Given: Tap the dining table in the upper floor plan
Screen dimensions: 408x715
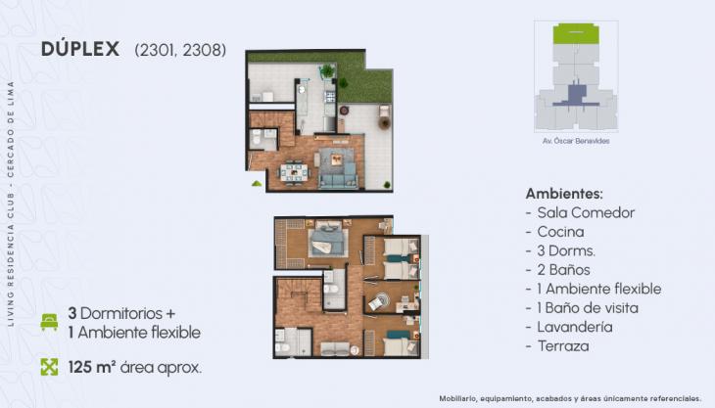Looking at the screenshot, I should [x=293, y=173].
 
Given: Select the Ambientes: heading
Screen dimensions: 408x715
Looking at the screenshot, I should [x=564, y=193].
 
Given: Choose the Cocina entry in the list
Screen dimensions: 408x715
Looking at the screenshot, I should [x=560, y=232].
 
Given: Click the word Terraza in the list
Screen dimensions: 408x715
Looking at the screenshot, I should [x=563, y=346].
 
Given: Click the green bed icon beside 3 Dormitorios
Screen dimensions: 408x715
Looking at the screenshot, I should [x=49, y=321].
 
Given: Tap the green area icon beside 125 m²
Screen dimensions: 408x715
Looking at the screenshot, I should [x=49, y=368].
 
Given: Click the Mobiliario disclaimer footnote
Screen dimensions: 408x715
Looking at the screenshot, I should [x=569, y=398].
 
